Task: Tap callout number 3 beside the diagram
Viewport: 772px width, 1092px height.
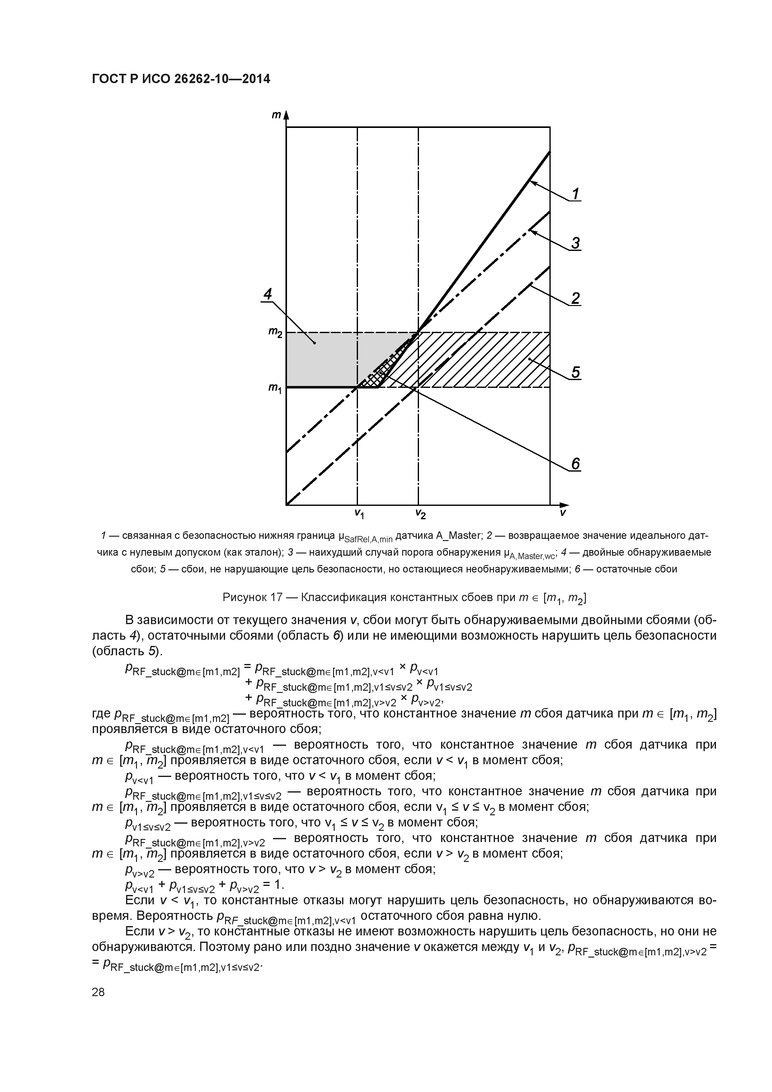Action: pos(576,243)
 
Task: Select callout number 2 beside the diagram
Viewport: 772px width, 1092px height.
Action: pos(576,298)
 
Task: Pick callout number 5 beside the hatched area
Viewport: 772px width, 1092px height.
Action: pos(576,372)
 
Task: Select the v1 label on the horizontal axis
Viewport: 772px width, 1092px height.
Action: pos(359,514)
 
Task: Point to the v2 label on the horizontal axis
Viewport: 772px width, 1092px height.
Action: pos(420,514)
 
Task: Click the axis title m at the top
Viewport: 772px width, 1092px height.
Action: pos(275,115)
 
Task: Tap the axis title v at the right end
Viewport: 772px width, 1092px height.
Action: pos(563,513)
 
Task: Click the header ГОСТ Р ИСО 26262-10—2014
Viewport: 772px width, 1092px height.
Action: pos(181,79)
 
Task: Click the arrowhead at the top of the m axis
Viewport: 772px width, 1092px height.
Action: pos(287,115)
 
